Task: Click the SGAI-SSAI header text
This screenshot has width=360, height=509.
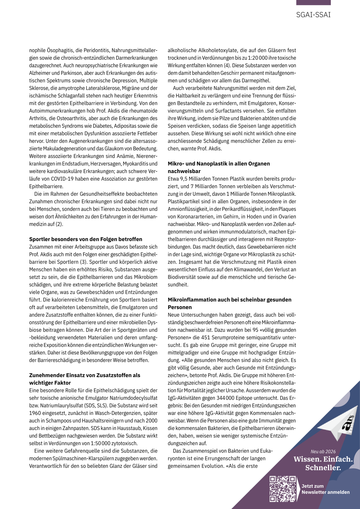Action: tap(313, 15)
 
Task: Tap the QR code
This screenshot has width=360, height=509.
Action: tap(283, 489)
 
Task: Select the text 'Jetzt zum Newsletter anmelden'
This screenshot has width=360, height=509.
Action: tap(325, 489)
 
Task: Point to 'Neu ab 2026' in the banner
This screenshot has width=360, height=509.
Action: tap(323, 452)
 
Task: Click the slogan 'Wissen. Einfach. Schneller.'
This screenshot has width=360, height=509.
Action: tap(323, 463)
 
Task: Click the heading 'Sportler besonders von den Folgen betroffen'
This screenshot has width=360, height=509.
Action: tap(86, 239)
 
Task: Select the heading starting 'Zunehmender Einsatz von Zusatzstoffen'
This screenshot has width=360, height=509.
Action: tap(85, 379)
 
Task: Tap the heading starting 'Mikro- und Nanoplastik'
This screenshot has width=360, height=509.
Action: tap(219, 167)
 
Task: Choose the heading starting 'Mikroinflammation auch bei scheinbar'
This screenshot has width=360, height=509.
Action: tap(230, 303)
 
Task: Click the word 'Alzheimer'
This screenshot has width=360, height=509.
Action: tap(40, 73)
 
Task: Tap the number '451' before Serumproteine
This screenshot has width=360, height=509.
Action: tap(206, 337)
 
